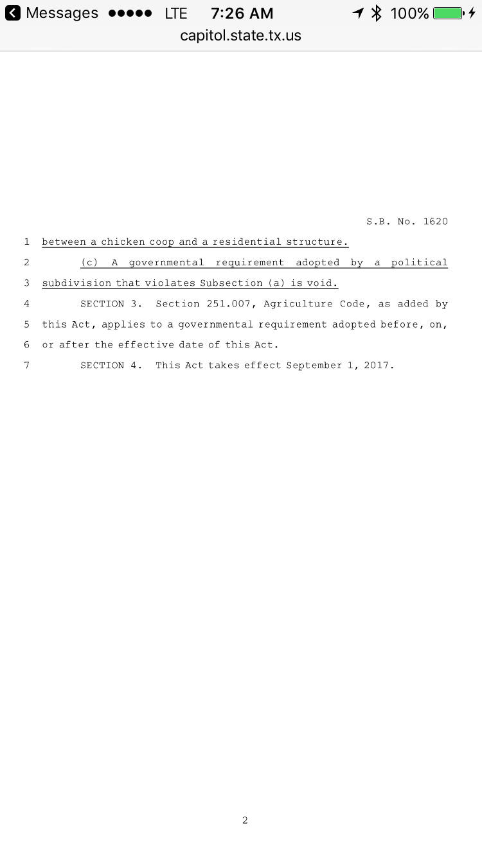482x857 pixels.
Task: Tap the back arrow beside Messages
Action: click(13, 13)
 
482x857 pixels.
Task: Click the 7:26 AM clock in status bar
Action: click(242, 13)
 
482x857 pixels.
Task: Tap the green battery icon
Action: click(449, 13)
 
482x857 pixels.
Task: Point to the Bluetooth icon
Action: click(377, 13)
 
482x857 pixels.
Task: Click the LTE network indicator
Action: click(176, 13)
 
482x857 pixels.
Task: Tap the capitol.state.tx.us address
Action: click(240, 35)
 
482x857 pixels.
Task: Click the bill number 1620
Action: click(435, 222)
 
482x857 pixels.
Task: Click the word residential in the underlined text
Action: click(247, 242)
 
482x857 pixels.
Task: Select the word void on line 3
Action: click(324, 283)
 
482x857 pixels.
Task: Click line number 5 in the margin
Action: click(26, 324)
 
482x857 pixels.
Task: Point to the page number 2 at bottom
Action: click(245, 820)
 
